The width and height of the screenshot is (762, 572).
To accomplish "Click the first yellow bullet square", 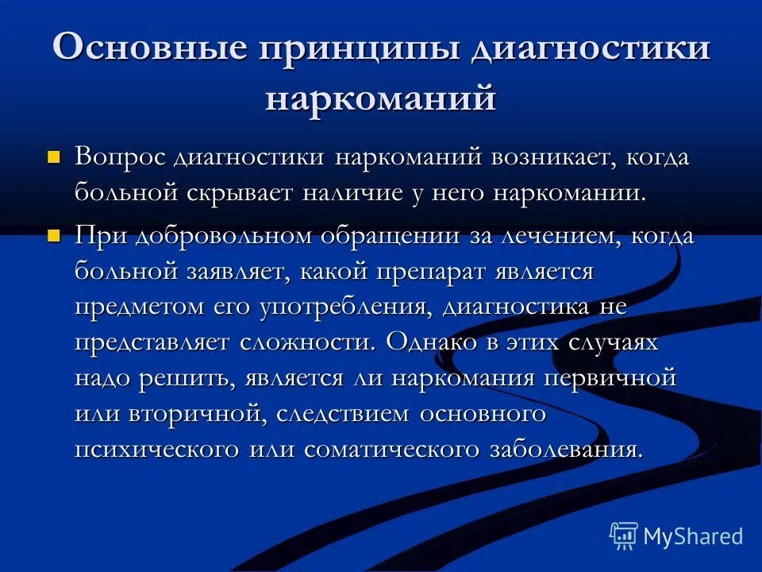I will click(x=54, y=157).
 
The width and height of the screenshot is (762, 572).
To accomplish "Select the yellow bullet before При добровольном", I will click(x=54, y=236).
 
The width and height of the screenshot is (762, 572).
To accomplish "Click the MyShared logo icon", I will click(x=623, y=536).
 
